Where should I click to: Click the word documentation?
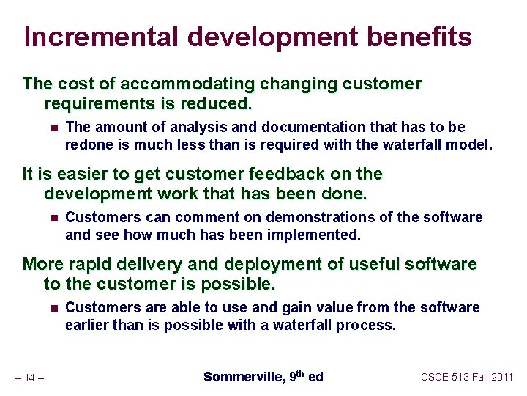click(283, 127)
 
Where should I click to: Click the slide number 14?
click(30, 378)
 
